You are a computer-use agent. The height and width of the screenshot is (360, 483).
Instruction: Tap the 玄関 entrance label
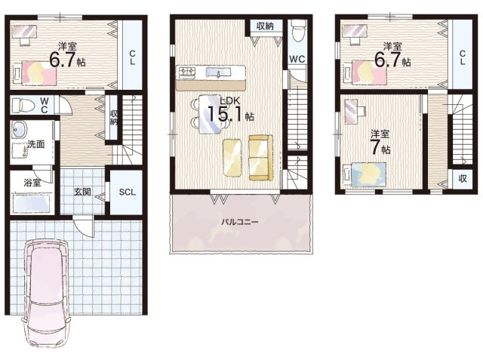coord(82,192)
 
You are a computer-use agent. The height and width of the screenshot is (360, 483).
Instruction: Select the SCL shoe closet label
coord(128,192)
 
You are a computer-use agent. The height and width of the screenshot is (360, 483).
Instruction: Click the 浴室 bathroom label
coord(32,183)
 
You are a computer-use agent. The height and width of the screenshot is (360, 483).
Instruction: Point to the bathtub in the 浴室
coord(31,202)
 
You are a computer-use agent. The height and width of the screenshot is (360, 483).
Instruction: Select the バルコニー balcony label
coord(239,222)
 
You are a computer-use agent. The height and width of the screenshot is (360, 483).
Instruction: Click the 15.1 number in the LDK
coord(226,114)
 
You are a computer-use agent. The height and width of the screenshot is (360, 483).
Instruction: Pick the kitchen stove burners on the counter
coord(187,72)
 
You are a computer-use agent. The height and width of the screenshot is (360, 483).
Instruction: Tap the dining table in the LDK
coord(211,114)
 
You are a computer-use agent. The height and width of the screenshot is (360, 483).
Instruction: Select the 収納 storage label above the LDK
coord(265,26)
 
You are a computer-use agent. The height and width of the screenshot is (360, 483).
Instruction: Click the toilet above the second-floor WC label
coord(298,30)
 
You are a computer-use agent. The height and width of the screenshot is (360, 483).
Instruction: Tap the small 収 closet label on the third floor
coord(463,178)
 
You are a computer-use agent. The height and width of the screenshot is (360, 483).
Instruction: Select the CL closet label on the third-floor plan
coord(463,57)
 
